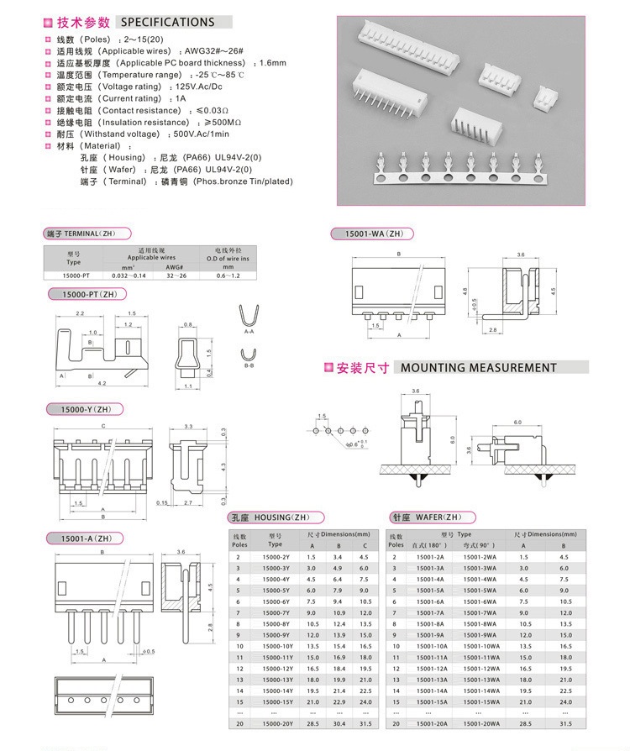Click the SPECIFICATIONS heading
167,22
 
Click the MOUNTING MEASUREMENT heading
478,368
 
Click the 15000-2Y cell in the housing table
276,557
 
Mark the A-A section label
249,333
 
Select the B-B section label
249,366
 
